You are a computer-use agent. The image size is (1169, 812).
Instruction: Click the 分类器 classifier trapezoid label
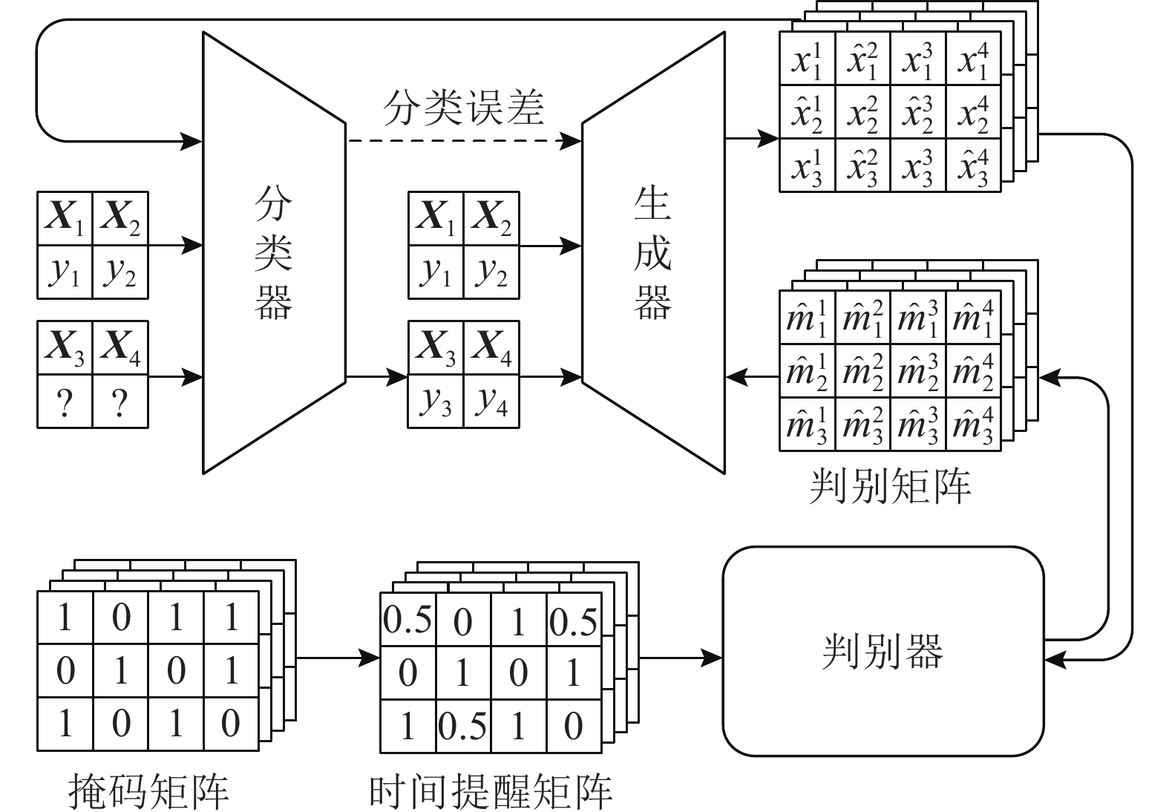[273, 252]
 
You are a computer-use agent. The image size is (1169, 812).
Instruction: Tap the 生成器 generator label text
[652, 252]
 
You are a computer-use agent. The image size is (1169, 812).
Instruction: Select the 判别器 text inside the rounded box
[883, 652]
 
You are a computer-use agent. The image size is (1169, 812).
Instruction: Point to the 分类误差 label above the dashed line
[464, 107]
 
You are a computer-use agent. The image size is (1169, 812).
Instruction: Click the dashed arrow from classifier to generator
[464, 140]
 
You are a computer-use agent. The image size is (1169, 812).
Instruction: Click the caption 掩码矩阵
[148, 791]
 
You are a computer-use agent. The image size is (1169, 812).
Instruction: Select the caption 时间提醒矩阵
[491, 791]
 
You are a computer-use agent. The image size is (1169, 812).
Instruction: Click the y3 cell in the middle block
[436, 401]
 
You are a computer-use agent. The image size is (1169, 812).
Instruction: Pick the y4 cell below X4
[491, 401]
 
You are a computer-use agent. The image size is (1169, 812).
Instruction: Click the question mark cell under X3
[65, 402]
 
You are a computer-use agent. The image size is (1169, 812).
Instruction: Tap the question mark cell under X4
[120, 402]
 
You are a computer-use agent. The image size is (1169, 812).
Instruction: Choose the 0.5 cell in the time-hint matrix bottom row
[462, 726]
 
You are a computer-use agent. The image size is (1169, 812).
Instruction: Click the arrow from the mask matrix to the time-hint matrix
[338, 658]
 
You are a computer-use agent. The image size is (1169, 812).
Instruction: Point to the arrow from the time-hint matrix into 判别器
[680, 658]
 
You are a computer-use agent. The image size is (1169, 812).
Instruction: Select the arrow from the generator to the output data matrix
[751, 138]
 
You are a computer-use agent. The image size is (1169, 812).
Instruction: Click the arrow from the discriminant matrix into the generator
[751, 377]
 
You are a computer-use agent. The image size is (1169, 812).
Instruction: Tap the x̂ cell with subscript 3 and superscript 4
[973, 166]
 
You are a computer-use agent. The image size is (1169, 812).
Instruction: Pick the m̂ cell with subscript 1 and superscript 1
[807, 317]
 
